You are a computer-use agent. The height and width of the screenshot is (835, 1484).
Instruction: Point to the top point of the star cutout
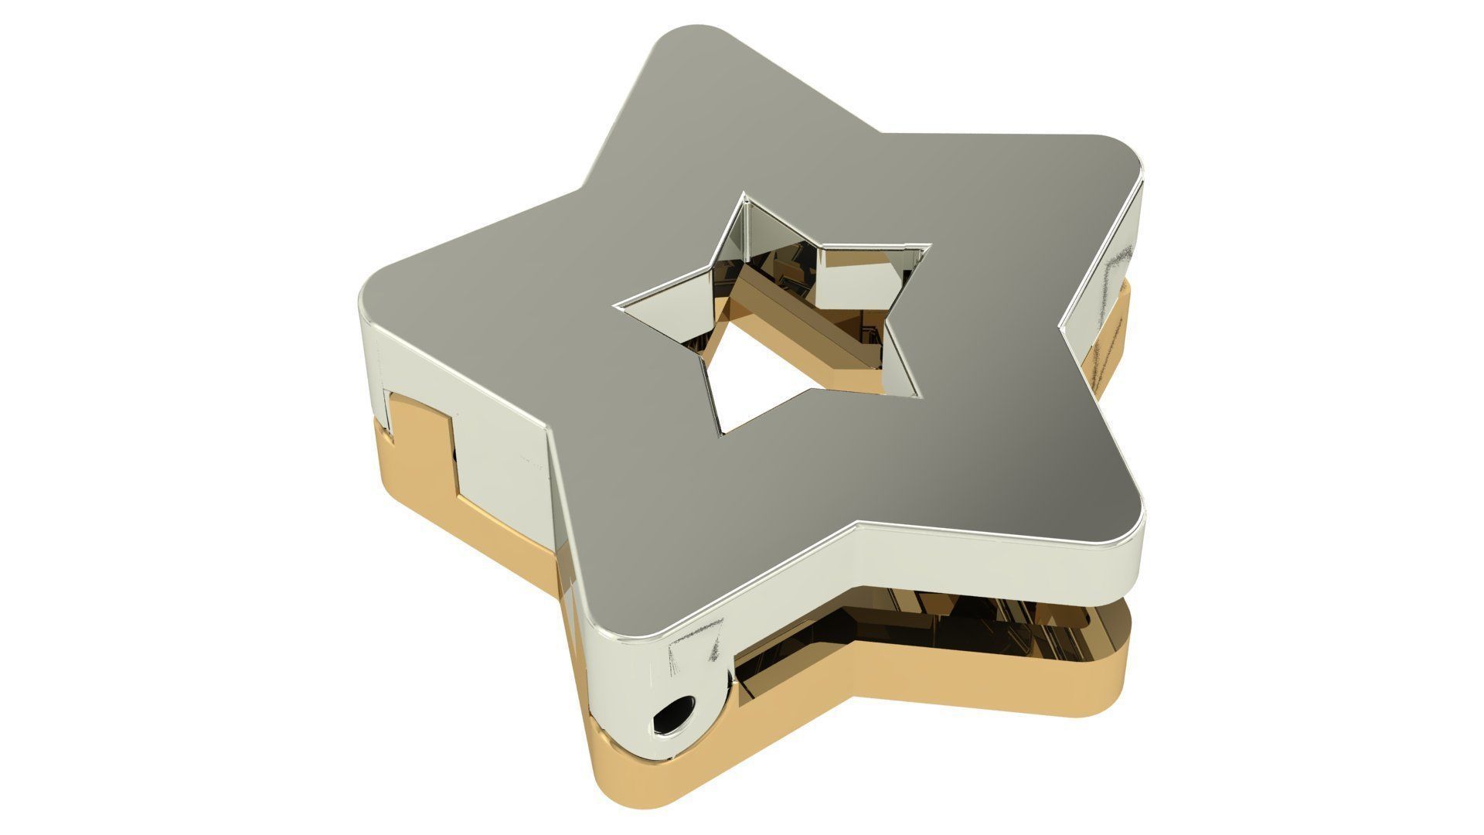pyautogui.click(x=747, y=197)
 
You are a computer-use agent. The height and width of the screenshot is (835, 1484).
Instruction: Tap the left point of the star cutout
pyautogui.click(x=618, y=307)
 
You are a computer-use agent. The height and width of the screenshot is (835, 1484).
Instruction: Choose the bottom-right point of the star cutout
pyautogui.click(x=920, y=396)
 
